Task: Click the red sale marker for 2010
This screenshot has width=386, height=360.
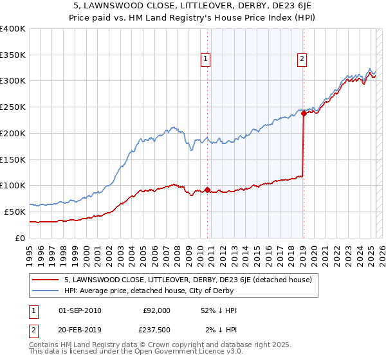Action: (x=207, y=190)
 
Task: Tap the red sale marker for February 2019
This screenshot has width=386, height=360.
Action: (x=303, y=114)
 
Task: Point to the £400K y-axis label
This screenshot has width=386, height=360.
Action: (x=13, y=29)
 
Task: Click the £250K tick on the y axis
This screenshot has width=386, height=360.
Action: (x=13, y=107)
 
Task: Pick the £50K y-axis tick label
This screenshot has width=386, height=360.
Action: (x=15, y=212)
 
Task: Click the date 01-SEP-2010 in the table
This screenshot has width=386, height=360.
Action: (x=80, y=310)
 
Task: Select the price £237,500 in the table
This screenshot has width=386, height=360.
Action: (x=156, y=330)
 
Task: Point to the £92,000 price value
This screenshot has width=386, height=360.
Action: (x=156, y=310)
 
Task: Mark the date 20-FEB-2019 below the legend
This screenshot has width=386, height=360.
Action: (x=80, y=330)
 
